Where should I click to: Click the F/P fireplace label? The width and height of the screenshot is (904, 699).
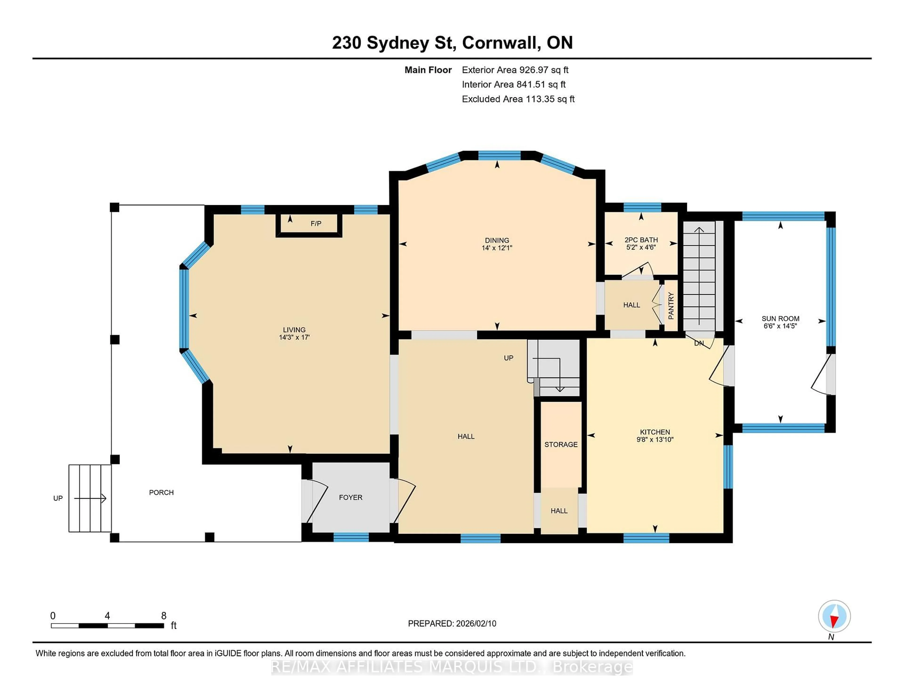(x=316, y=224)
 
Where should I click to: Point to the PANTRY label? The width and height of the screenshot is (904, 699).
(x=671, y=306)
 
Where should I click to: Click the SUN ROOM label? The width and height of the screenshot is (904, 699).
(x=780, y=318)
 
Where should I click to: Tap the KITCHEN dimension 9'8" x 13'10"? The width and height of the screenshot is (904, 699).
(x=655, y=439)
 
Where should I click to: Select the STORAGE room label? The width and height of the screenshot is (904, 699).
(x=561, y=444)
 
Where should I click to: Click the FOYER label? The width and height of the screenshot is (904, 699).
(x=351, y=497)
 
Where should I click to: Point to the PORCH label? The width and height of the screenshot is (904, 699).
(x=161, y=492)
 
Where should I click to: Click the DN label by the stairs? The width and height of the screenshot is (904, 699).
(x=699, y=343)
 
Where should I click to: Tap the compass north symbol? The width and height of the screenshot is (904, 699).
(x=834, y=617)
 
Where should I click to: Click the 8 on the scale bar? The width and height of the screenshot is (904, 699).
(x=164, y=616)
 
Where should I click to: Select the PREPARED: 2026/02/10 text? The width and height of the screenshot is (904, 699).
(x=452, y=624)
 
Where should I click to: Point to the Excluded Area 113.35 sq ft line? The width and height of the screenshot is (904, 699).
(x=518, y=99)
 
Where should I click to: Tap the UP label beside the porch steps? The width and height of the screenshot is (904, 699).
(x=58, y=498)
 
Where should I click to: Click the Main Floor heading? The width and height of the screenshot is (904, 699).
(x=428, y=70)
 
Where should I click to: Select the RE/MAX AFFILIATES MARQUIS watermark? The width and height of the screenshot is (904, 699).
(x=452, y=667)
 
